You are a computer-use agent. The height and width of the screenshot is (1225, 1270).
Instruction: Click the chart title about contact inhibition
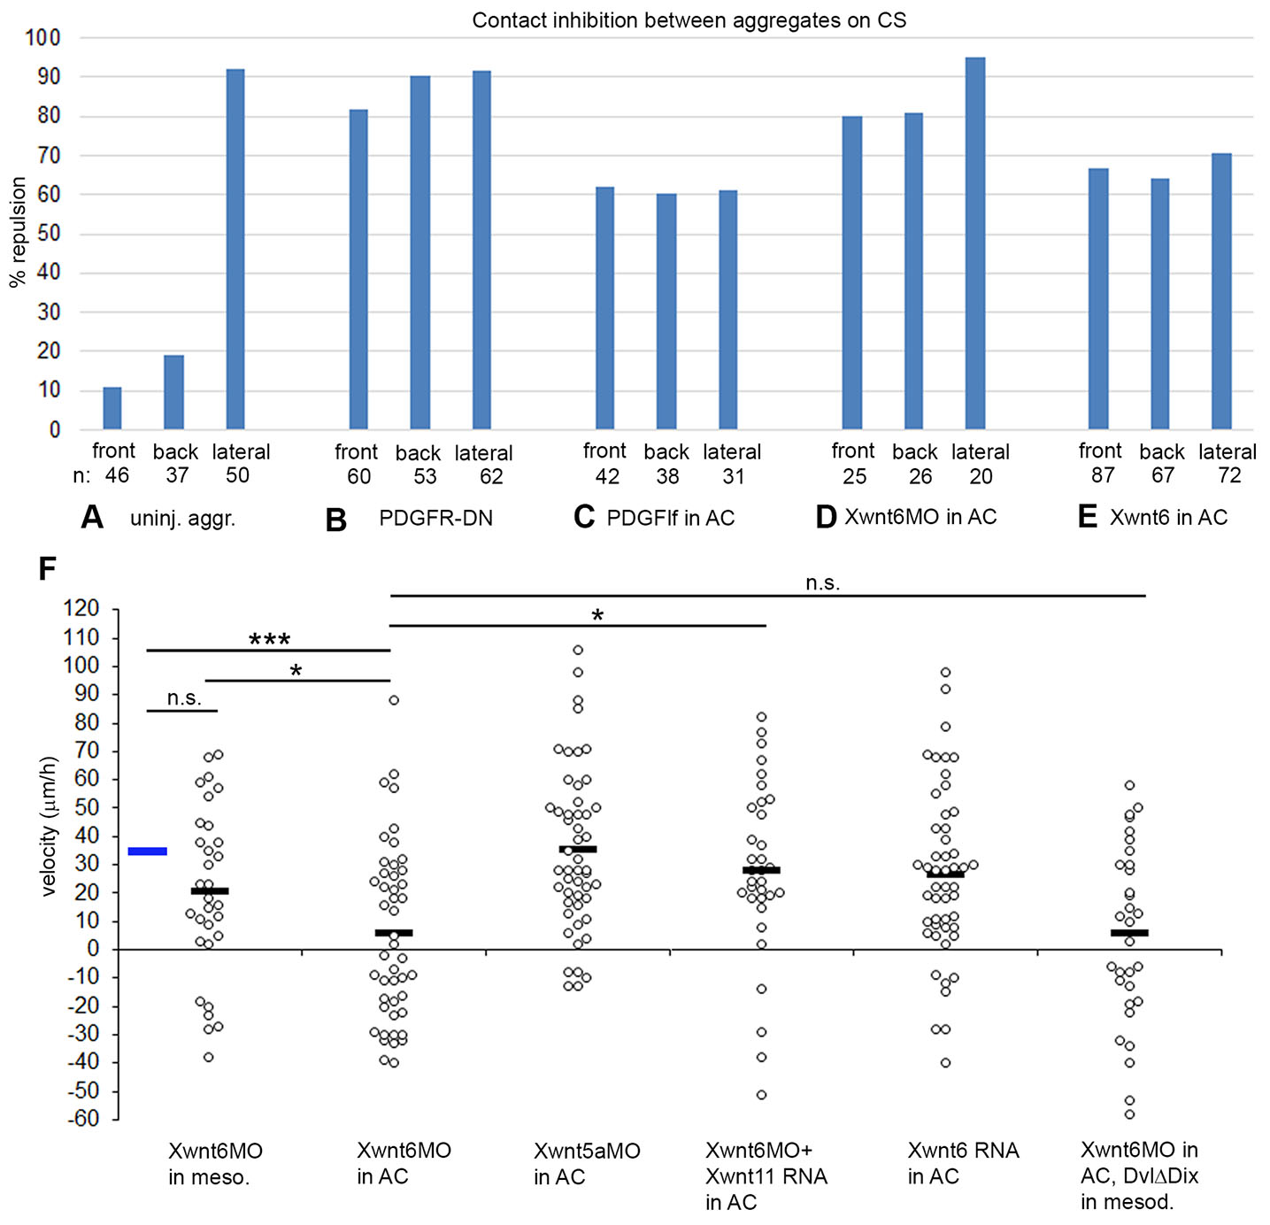[689, 20]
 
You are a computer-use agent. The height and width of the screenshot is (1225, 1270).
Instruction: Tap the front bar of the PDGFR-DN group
[358, 269]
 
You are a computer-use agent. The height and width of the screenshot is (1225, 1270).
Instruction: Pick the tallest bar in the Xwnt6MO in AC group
[975, 243]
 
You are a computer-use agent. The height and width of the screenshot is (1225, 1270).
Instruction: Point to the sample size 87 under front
[1102, 476]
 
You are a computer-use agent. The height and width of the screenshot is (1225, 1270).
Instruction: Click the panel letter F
[48, 569]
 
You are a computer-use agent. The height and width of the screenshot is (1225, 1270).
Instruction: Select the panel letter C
[584, 517]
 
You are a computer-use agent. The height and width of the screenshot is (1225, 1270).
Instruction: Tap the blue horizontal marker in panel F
[148, 851]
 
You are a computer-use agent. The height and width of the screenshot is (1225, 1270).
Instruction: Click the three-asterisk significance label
[269, 640]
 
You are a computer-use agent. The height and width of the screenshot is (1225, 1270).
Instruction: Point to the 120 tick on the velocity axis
[81, 609]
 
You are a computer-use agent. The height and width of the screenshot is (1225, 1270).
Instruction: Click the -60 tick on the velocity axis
[81, 1119]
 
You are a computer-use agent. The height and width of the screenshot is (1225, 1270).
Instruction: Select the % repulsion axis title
[18, 232]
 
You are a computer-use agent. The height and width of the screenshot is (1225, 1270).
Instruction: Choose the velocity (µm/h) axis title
[49, 827]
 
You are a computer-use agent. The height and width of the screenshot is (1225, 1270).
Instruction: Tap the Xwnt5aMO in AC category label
[587, 1164]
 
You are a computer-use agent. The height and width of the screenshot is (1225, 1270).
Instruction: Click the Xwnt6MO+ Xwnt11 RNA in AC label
[766, 1176]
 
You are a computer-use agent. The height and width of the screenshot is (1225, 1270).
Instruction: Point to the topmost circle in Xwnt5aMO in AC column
[578, 651]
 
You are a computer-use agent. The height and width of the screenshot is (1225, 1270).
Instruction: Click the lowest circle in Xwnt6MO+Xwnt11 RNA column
[761, 1095]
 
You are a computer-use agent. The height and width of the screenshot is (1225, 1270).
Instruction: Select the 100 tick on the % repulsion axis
[42, 38]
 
